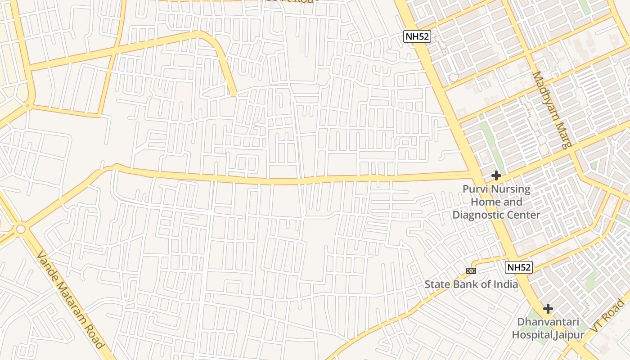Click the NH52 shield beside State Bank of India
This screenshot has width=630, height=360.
click(519, 267)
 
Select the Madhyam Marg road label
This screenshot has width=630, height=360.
click(552, 110)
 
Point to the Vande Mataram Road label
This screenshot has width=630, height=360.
click(71, 300)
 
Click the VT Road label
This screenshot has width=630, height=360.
click(608, 316)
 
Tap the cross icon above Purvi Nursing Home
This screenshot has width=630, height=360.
click(496, 175)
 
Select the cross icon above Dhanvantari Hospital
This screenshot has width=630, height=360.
click(548, 309)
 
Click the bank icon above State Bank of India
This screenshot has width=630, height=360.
click(471, 270)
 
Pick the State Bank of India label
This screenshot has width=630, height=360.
click(471, 284)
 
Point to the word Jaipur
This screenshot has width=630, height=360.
click(570, 335)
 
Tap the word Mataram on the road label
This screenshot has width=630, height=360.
click(72, 301)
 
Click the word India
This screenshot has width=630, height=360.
click(505, 284)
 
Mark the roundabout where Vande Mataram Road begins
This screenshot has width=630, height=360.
click(21, 229)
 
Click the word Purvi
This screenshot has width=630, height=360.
click(475, 189)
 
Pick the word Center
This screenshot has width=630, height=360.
click(523, 215)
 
